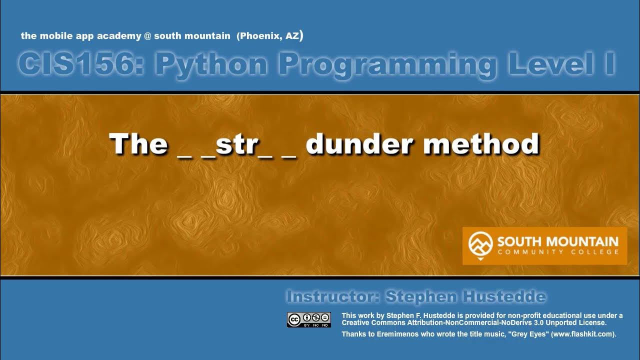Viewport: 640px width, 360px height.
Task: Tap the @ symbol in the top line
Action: pos(148,36)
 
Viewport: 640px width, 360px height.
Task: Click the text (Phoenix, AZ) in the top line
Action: pos(270,36)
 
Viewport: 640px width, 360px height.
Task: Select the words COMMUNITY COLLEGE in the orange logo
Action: pos(558,252)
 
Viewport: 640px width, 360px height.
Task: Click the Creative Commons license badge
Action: pos(309,319)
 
